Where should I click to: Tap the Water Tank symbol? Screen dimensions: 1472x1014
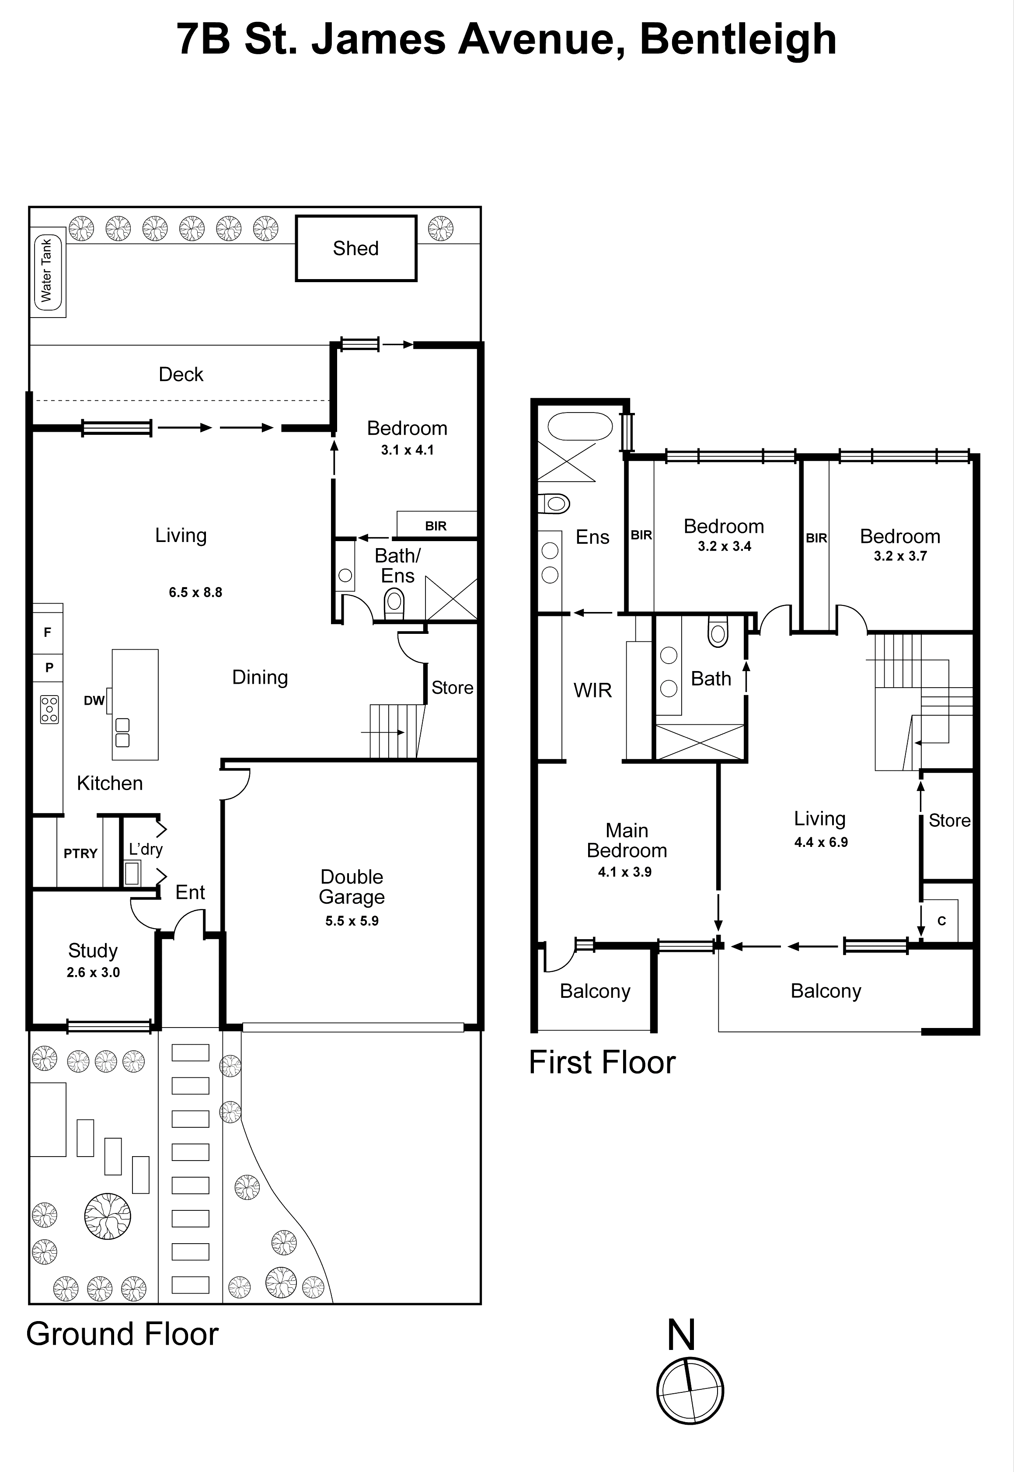pos(48,271)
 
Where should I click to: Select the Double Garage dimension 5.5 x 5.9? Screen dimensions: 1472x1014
pos(352,920)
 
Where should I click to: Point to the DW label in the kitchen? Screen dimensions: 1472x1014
pos(94,700)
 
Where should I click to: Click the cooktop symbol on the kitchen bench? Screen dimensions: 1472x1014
pos(49,709)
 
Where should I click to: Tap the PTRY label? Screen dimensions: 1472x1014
pos(80,853)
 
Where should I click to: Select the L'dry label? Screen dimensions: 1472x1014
pos(146,849)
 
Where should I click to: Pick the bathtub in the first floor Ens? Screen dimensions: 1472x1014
pos(579,427)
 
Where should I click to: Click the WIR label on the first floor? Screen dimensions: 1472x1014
pos(592,690)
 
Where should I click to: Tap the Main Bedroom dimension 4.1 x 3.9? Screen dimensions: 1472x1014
pos(624,872)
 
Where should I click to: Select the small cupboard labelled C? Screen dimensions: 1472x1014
pos(941,920)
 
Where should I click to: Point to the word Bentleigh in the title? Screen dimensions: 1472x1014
pos(738,39)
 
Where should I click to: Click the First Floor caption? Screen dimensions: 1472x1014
pos(602,1062)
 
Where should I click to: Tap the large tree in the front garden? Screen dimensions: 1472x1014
pos(108,1216)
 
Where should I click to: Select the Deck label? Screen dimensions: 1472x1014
pos(181,374)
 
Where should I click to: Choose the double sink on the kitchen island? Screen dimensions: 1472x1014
pos(122,732)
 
